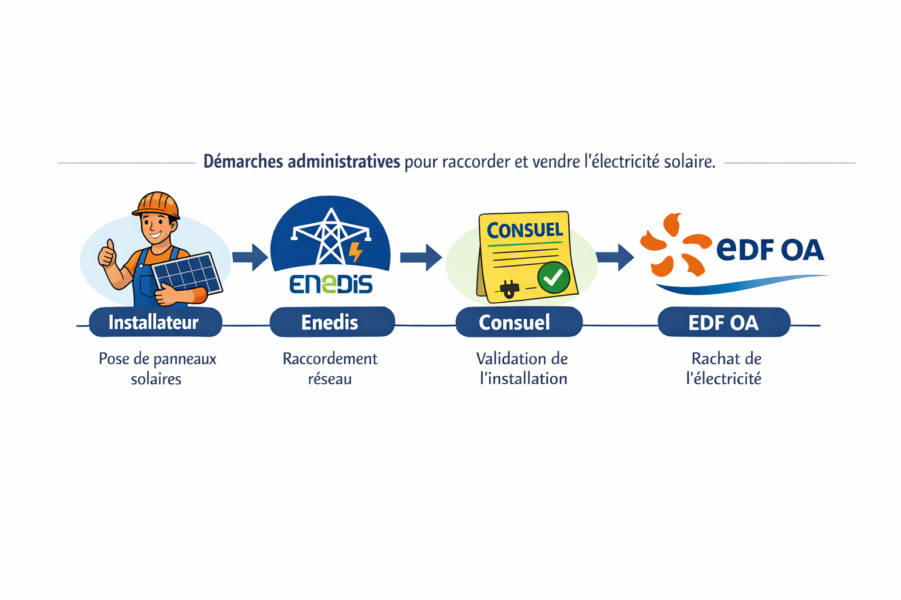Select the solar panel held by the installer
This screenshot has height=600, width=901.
pyautogui.click(x=187, y=273)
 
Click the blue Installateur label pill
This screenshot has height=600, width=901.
pyautogui.click(x=155, y=322)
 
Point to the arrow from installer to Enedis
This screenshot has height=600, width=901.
pyautogui.click(x=250, y=257)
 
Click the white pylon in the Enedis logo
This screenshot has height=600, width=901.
pyautogui.click(x=331, y=237)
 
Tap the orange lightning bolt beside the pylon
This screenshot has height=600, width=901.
pyautogui.click(x=355, y=252)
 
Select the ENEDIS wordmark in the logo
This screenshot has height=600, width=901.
pyautogui.click(x=331, y=284)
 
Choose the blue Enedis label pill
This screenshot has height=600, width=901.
pyautogui.click(x=331, y=322)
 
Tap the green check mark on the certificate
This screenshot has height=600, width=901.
pyautogui.click(x=553, y=278)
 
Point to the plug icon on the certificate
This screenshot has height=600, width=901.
pyautogui.click(x=509, y=288)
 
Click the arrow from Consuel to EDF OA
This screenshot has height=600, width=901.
pyautogui.click(x=614, y=257)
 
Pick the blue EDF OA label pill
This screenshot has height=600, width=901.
pyautogui.click(x=723, y=322)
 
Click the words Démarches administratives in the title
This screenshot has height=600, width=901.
pyautogui.click(x=302, y=162)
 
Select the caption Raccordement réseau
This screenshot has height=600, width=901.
pyautogui.click(x=330, y=369)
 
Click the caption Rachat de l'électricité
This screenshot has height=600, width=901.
pyautogui.click(x=724, y=369)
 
